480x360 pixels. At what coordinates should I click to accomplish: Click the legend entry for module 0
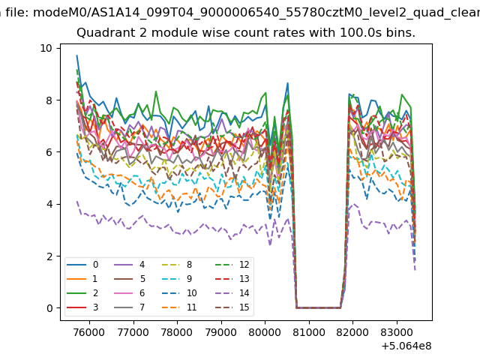[84, 265]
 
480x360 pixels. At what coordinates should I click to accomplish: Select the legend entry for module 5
[132, 279]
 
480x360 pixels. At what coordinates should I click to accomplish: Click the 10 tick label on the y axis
[46, 48]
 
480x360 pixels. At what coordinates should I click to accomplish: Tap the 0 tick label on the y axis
[49, 308]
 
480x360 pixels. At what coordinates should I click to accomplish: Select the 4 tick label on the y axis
[49, 204]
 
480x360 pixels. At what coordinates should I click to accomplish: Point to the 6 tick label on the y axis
[49, 152]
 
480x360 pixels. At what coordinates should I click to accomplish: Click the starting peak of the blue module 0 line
[76, 55]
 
